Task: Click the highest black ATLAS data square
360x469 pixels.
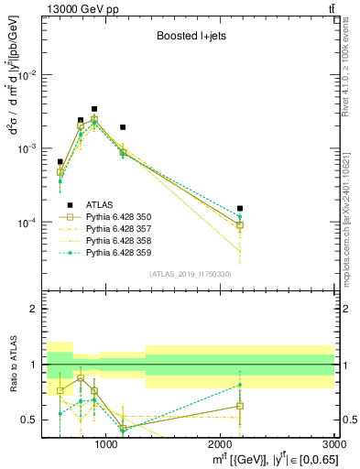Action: tap(94, 109)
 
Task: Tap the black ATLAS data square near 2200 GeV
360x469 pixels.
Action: tap(240, 208)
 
